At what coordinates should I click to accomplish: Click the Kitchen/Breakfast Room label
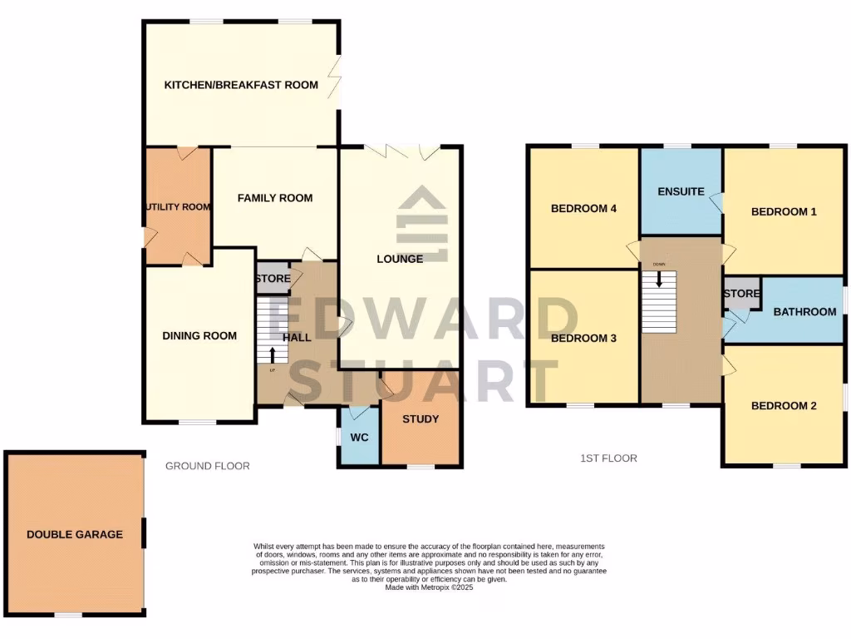coord(241,85)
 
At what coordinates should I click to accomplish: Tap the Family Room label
coord(275,198)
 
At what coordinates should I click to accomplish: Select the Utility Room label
coord(178,207)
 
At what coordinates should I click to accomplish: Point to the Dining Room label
coord(199,336)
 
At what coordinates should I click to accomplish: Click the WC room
coord(359,436)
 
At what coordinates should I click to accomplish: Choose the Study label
coord(421,419)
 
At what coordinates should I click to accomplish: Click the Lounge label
coord(400,259)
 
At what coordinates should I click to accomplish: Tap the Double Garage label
coord(74,534)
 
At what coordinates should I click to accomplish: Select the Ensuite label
coord(681,191)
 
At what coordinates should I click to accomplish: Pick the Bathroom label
coord(804,312)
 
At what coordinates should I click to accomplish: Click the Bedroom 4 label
coord(583,209)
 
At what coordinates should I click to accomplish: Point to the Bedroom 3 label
coord(583,339)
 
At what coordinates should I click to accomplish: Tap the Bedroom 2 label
coord(784,406)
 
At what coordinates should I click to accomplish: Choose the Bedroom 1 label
coord(784,212)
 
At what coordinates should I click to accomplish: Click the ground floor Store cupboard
coord(273,279)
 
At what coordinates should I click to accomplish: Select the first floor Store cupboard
coord(741,294)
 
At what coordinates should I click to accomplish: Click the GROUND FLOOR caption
coord(208,466)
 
